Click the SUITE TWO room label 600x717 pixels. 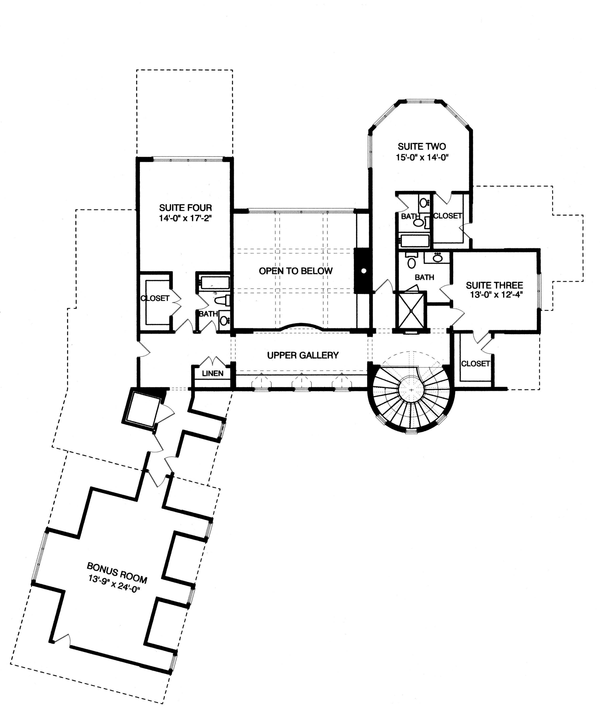tap(422, 147)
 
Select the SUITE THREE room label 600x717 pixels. tap(494, 285)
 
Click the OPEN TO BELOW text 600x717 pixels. tap(296, 271)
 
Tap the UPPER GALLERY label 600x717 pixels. tap(303, 355)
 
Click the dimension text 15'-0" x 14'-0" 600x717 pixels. tap(422, 158)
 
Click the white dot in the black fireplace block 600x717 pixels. tap(364, 271)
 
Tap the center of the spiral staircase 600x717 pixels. tap(411, 389)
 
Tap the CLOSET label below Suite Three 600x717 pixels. tap(475, 364)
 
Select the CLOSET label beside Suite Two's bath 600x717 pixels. tap(447, 216)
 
